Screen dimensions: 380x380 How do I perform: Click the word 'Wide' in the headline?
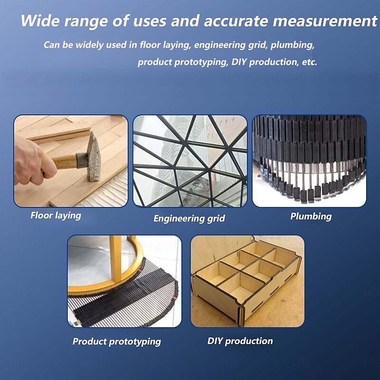[40, 20]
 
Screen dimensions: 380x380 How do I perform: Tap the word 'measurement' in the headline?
[325, 21]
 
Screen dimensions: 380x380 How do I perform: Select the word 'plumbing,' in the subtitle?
[292, 45]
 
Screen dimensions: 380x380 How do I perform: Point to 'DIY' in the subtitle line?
[239, 62]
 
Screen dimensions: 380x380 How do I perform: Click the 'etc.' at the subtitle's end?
[310, 62]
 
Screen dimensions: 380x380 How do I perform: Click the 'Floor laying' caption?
[56, 216]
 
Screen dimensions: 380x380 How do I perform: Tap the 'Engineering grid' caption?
[189, 218]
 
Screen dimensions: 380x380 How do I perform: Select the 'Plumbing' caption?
[311, 217]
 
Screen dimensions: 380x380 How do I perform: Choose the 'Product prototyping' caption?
[116, 342]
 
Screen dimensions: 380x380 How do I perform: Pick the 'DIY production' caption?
[240, 341]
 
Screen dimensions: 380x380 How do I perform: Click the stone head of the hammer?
[94, 157]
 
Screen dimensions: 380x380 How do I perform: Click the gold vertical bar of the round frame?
[115, 259]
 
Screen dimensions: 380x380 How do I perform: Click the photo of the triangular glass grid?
[190, 161]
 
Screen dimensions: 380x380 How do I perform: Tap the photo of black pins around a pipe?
[309, 161]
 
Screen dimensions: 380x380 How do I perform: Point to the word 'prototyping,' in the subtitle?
[201, 62]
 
